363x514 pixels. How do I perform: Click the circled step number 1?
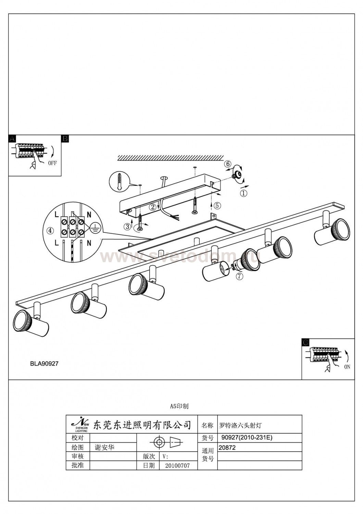[x=243, y=193]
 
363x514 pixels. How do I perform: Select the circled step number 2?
[x=153, y=207]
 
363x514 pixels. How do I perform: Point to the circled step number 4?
[x=50, y=231]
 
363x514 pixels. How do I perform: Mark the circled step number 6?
[x=228, y=164]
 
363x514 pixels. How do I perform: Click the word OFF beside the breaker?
[x=52, y=163]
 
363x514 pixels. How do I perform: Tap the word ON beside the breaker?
[x=347, y=367]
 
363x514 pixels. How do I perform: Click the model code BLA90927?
[x=44, y=364]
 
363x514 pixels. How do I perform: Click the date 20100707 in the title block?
[x=177, y=466]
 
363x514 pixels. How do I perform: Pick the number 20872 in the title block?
[x=227, y=447]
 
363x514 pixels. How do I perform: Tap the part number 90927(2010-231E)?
[x=247, y=438]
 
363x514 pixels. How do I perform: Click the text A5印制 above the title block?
[x=179, y=406]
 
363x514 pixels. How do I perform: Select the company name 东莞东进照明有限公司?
[x=142, y=425]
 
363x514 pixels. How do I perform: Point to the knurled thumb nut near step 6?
[x=236, y=175]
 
